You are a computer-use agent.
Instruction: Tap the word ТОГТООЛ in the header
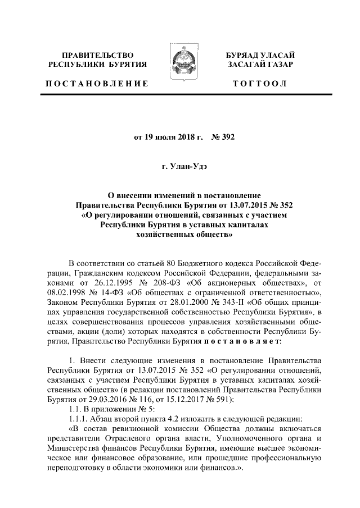[x=263, y=84]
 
